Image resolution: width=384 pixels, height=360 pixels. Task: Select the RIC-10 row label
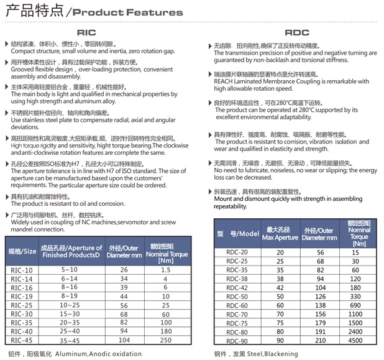coord(22,270)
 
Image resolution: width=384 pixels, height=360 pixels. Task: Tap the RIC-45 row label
coord(22,340)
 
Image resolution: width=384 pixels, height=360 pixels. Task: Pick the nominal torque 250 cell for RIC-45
coord(165,340)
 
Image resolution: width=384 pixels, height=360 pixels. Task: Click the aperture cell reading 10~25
coord(70,305)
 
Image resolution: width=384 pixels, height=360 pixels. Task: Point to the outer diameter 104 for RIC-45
coord(124,340)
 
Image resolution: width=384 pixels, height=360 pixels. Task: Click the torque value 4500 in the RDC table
coord(355,341)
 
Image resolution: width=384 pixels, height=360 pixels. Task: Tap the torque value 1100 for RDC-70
coord(355,315)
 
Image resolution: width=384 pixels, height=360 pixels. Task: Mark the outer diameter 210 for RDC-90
coord(320,341)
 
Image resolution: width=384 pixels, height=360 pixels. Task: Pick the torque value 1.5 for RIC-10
coord(165,270)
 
